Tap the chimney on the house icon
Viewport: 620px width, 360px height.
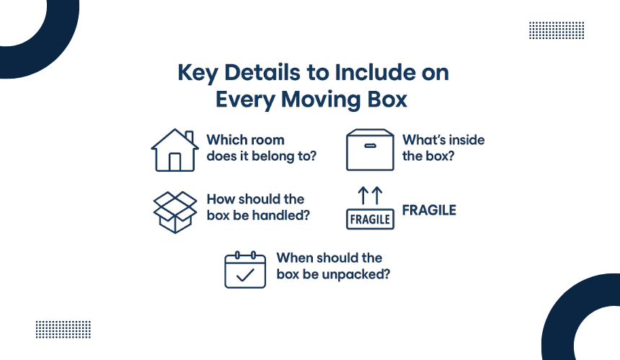189,136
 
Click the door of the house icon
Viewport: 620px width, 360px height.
174,162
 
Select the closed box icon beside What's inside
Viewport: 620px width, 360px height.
370,149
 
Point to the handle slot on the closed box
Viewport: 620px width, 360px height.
370,145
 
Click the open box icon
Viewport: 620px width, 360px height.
174,211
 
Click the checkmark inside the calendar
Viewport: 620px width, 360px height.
245,275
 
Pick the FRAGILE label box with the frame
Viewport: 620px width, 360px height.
371,219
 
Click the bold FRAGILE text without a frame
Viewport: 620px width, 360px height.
429,211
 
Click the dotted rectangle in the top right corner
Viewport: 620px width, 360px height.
556,30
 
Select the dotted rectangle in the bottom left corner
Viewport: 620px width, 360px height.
63,329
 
